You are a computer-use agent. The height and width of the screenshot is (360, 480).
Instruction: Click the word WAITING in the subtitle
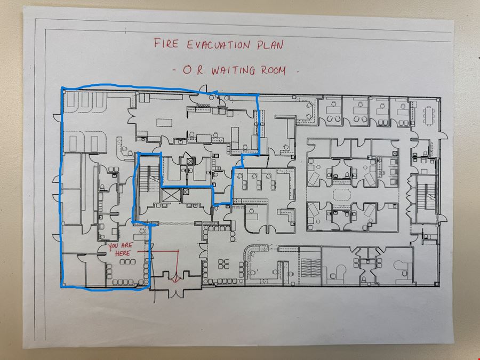click(x=233, y=70)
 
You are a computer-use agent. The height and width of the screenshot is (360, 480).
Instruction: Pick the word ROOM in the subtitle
click(x=274, y=70)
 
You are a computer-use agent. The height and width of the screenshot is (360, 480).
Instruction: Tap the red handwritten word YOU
click(x=113, y=246)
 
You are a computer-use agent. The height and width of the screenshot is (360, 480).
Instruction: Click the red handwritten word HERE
click(x=123, y=253)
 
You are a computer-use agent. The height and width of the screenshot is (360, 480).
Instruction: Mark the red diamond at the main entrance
click(x=175, y=279)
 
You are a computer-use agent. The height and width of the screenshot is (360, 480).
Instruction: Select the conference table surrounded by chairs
click(x=429, y=116)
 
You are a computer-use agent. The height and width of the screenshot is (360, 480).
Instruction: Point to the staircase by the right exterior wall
click(x=427, y=196)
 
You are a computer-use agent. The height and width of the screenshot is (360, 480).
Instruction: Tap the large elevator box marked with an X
click(x=171, y=196)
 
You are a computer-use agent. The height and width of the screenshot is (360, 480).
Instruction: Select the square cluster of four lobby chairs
click(x=223, y=264)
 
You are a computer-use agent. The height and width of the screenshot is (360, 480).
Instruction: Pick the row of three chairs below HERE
click(x=127, y=262)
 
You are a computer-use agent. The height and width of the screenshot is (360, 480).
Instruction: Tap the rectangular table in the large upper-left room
click(x=164, y=123)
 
